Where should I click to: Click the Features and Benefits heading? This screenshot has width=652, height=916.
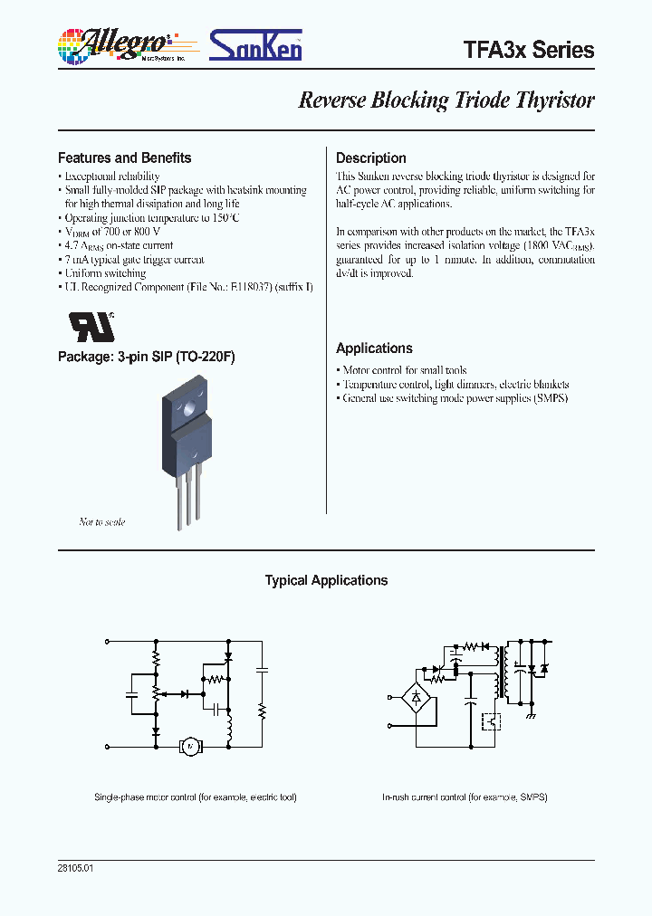click(x=125, y=157)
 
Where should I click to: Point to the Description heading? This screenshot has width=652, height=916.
click(x=371, y=157)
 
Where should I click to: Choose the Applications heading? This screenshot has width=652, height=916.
click(x=374, y=348)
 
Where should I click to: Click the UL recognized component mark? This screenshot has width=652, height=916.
click(x=91, y=325)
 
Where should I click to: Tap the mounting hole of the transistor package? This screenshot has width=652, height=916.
click(x=191, y=406)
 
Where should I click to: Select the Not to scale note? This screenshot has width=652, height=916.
click(x=102, y=522)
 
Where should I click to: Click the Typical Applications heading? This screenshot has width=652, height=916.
click(x=326, y=581)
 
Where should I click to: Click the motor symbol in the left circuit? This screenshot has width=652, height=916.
click(x=189, y=746)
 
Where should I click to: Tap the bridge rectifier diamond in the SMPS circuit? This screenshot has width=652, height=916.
click(x=417, y=697)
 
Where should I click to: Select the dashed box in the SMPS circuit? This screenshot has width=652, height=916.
click(x=492, y=720)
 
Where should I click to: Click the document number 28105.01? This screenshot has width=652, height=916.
click(x=75, y=867)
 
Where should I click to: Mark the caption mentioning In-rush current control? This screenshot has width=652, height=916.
click(x=465, y=797)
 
